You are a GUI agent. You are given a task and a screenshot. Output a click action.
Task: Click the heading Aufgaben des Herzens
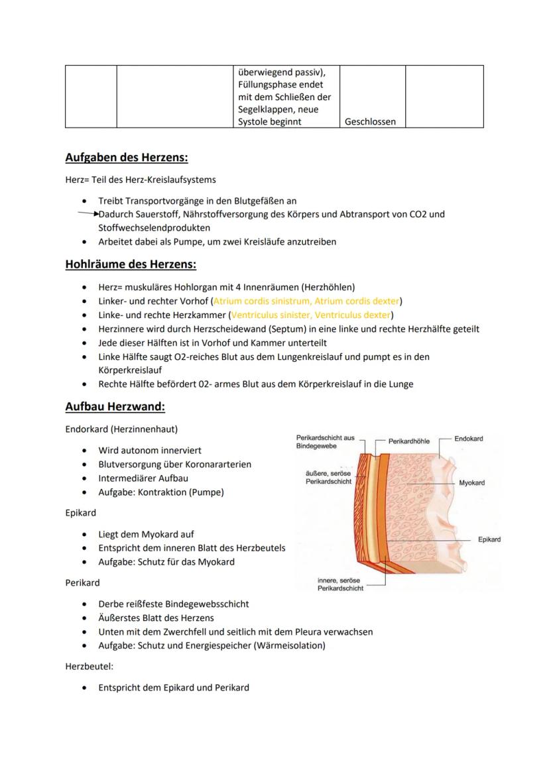point(127,158)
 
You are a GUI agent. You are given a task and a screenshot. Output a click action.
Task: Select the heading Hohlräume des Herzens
point(131,264)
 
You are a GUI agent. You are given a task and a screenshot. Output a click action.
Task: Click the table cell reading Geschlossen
point(371,122)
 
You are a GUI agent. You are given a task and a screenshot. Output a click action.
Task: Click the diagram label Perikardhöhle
point(408,441)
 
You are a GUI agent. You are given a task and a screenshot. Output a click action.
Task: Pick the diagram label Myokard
point(471,483)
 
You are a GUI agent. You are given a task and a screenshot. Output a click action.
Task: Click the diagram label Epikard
point(489,539)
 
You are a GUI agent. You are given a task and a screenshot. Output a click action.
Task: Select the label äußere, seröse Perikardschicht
point(328,477)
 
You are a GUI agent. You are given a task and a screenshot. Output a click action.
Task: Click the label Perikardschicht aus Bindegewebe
point(325,442)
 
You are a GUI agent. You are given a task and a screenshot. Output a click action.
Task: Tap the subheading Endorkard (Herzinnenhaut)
point(121,429)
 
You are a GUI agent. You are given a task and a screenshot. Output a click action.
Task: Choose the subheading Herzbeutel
point(90,667)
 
